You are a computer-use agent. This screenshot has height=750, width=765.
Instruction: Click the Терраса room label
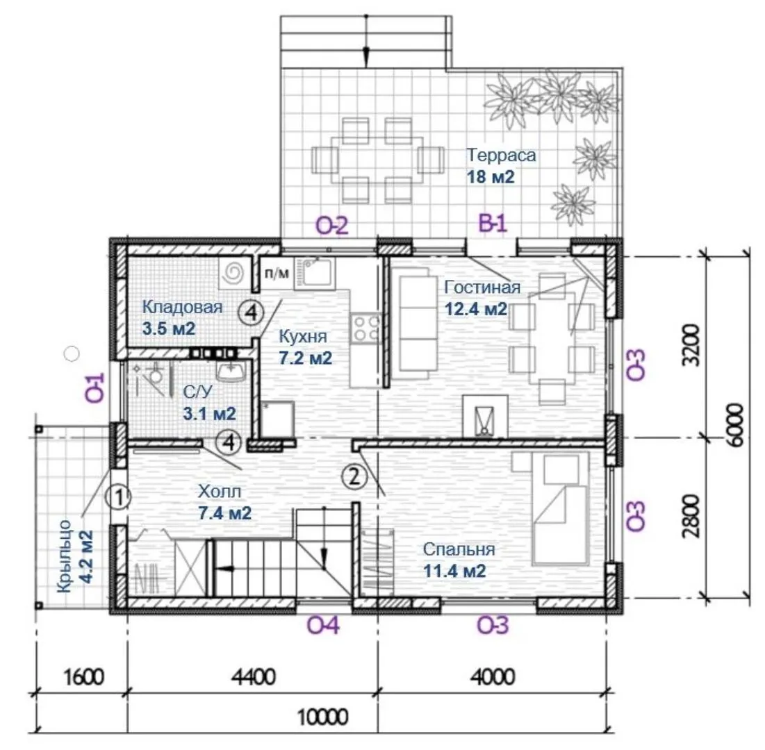pyautogui.click(x=502, y=155)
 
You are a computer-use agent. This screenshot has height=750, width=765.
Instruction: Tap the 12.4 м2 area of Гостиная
pyautogui.click(x=476, y=308)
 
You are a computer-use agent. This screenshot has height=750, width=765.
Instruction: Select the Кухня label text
pyautogui.click(x=302, y=337)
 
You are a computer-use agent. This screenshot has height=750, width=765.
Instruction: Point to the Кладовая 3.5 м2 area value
pyautogui.click(x=169, y=328)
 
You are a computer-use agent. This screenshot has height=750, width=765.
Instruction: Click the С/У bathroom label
pyautogui.click(x=198, y=392)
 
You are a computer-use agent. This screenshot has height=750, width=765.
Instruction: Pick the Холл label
pyautogui.click(x=220, y=491)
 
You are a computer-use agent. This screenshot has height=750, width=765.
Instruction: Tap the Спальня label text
pyautogui.click(x=459, y=549)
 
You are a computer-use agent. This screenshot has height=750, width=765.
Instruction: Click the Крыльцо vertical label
pyautogui.click(x=65, y=556)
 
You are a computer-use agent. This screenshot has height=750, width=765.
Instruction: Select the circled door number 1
pyautogui.click(x=118, y=497)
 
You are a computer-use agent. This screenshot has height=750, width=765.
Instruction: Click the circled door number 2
pyautogui.click(x=354, y=476)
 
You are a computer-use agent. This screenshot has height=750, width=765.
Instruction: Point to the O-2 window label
pyautogui.click(x=332, y=226)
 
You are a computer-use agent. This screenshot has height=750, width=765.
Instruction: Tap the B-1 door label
pyautogui.click(x=493, y=224)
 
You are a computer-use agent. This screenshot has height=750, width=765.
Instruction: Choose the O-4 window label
pyautogui.click(x=323, y=625)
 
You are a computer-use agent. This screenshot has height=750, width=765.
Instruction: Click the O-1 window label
pyautogui.click(x=96, y=387)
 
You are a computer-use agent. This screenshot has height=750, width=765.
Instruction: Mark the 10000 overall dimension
pyautogui.click(x=322, y=717)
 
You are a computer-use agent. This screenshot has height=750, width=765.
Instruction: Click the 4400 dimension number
pyautogui.click(x=253, y=677)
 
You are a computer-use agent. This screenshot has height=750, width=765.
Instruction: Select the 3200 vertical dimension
pyautogui.click(x=691, y=344)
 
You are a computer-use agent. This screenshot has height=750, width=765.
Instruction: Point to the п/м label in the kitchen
pyautogui.click(x=277, y=273)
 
